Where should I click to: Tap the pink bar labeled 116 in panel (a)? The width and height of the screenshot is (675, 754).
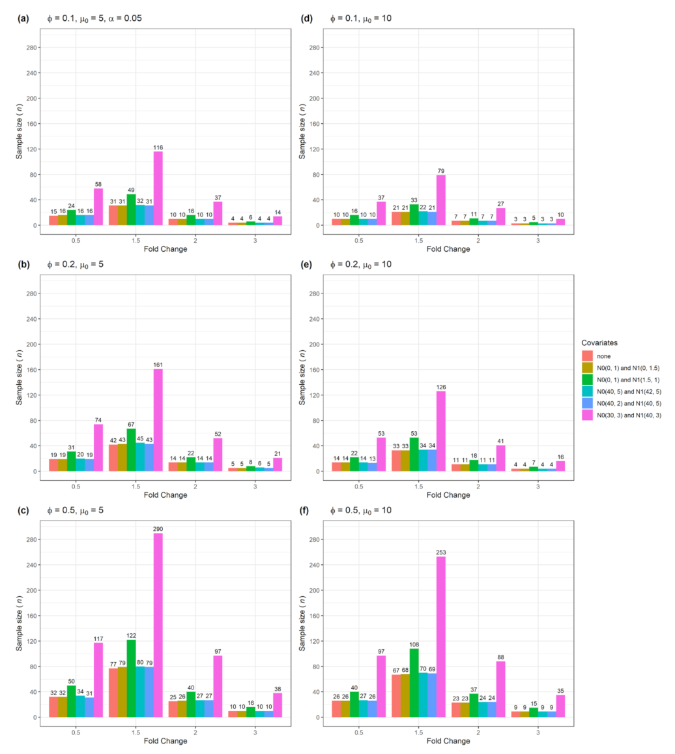pyautogui.click(x=158, y=188)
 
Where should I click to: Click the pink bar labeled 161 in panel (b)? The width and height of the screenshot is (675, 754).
pyautogui.click(x=158, y=420)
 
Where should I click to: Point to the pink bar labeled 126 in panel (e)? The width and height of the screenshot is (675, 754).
pyautogui.click(x=440, y=431)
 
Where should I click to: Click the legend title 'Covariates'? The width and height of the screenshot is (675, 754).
pyautogui.click(x=600, y=342)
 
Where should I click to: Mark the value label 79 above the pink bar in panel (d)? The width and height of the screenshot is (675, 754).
pyautogui.click(x=440, y=170)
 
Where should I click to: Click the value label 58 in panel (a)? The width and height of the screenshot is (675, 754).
pyautogui.click(x=98, y=184)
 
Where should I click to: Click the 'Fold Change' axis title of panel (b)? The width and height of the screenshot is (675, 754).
pyautogui.click(x=165, y=495)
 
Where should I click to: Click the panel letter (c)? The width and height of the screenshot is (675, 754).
pyautogui.click(x=24, y=511)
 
